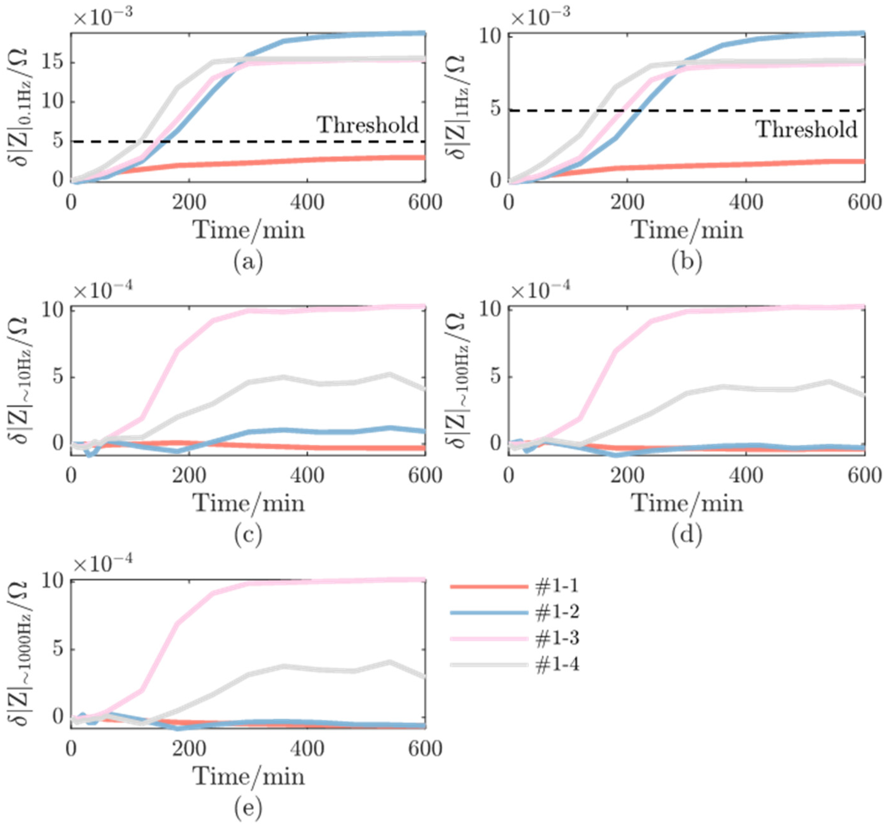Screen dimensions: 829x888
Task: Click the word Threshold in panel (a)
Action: coord(367,125)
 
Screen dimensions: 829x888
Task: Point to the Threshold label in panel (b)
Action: coord(806,130)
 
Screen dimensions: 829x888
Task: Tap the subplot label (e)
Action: coord(248,807)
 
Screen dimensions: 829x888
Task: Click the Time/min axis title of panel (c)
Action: coord(248,504)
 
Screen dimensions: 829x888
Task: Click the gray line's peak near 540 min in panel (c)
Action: coord(389,374)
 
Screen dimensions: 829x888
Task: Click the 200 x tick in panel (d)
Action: coord(627,476)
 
